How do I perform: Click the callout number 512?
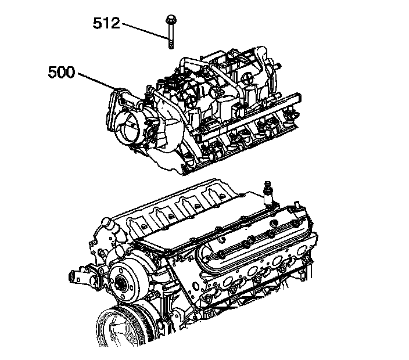pos(106,23)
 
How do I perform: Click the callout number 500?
pos(61,73)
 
